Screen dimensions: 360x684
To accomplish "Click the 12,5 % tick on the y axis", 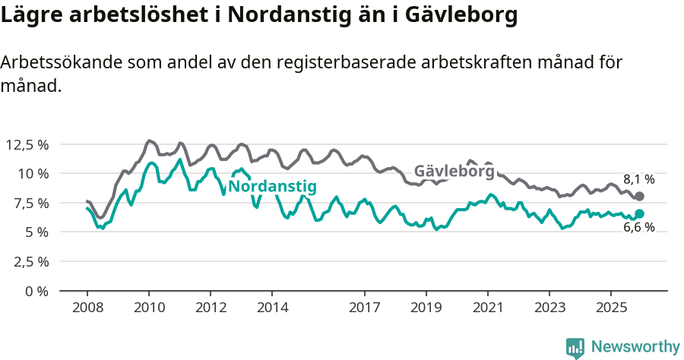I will click(x=27, y=144).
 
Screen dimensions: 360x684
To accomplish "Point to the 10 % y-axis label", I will click(x=33, y=173).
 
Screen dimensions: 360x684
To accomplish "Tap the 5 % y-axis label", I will click(x=36, y=232).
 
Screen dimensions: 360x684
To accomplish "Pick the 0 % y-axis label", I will click(x=36, y=291).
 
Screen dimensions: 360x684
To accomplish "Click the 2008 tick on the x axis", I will click(x=87, y=308).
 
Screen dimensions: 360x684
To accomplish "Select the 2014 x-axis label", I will click(x=273, y=308).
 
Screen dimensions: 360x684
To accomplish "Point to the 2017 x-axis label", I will click(x=365, y=308).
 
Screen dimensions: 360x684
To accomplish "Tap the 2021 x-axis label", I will click(x=487, y=308).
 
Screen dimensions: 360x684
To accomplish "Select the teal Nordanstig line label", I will click(x=272, y=187).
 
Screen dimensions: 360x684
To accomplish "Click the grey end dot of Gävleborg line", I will click(x=639, y=197).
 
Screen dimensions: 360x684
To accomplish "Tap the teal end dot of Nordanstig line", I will click(x=639, y=214).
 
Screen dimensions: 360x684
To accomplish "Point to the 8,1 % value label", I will click(x=638, y=180).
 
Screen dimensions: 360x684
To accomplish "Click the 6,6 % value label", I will click(x=638, y=228).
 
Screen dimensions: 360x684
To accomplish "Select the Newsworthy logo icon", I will click(x=575, y=347).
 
